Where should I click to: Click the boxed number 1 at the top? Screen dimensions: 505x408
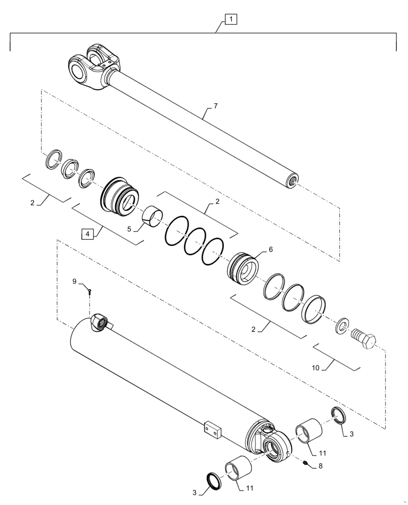pyautogui.click(x=230, y=20)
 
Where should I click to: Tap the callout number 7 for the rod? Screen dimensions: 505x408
pyautogui.click(x=216, y=107)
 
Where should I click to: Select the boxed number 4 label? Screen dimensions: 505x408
pyautogui.click(x=87, y=234)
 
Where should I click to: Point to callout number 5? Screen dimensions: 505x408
pyautogui.click(x=129, y=229)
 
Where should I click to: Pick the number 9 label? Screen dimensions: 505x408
pyautogui.click(x=75, y=281)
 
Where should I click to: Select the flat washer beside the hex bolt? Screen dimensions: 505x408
pyautogui.click(x=341, y=326)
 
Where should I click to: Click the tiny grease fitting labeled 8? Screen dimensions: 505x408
pyautogui.click(x=306, y=463)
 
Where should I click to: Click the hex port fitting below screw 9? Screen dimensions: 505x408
pyautogui.click(x=98, y=322)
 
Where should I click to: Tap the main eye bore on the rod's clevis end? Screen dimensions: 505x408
pyautogui.click(x=78, y=69)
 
